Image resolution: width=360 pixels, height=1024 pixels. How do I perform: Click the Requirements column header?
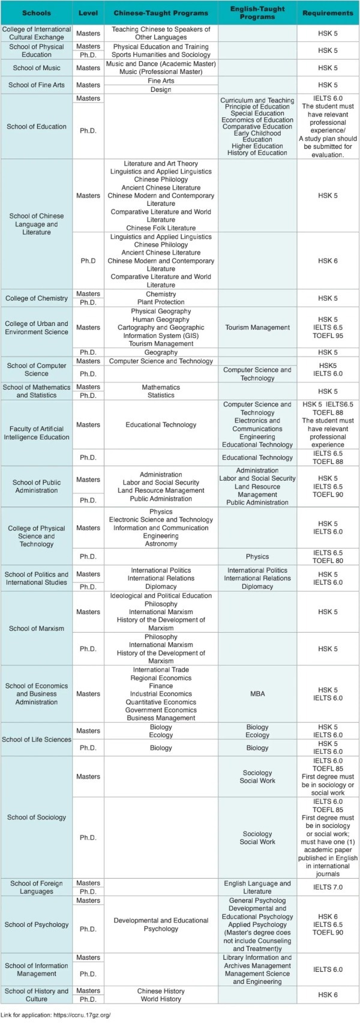click(x=328, y=13)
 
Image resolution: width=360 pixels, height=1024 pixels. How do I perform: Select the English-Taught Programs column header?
click(x=257, y=13)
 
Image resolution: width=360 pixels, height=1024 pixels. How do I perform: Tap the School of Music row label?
click(x=37, y=68)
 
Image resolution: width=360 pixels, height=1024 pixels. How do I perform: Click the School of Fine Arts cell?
click(x=37, y=85)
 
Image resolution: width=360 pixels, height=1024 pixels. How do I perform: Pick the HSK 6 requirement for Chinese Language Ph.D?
click(x=328, y=261)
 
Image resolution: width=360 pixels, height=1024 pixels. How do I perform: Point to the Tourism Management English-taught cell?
click(x=257, y=328)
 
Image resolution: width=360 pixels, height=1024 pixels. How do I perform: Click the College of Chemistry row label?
click(x=37, y=298)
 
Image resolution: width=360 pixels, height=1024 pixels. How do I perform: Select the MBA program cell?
click(x=257, y=694)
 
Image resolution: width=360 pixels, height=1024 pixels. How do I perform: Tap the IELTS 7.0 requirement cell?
click(x=328, y=887)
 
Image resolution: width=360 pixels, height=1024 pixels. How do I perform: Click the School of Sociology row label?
click(x=37, y=818)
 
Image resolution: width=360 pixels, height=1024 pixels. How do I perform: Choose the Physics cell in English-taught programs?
click(x=257, y=556)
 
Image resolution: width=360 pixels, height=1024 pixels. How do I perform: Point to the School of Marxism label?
click(x=37, y=628)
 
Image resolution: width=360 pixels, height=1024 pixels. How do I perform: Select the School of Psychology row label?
click(x=37, y=925)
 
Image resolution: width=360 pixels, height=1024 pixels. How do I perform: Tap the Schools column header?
click(x=37, y=13)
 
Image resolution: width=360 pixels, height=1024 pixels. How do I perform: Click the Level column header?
click(x=88, y=13)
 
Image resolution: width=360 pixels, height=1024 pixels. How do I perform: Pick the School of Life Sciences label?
click(x=37, y=739)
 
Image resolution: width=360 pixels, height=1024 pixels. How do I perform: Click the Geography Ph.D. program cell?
click(x=161, y=352)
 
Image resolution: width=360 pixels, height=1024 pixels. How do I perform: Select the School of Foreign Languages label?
click(x=37, y=887)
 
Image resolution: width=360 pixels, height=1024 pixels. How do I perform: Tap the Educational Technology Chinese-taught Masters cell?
click(x=161, y=425)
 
